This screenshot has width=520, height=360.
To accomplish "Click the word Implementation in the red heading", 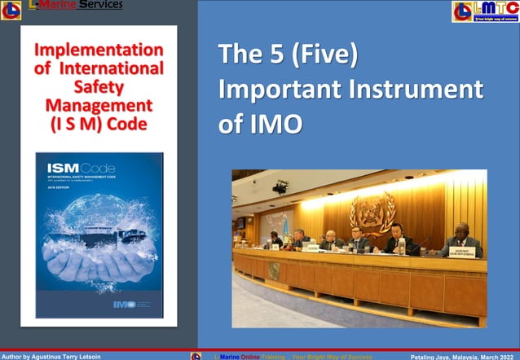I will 99,50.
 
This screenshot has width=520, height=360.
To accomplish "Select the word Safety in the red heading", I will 98,87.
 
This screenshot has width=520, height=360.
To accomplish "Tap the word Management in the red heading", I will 99,106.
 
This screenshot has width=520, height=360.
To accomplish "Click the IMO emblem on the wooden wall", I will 372,211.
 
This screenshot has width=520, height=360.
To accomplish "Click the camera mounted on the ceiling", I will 280,187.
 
